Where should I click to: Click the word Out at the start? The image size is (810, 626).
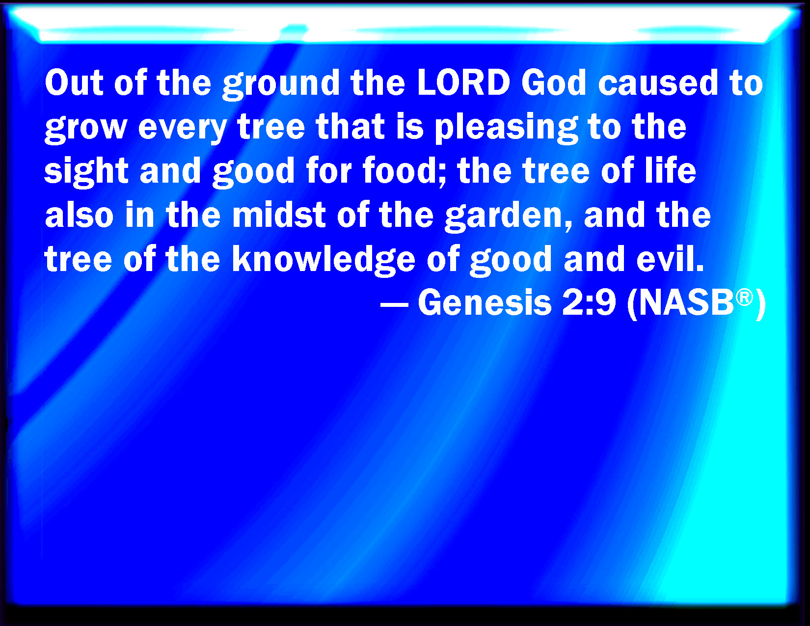(74, 82)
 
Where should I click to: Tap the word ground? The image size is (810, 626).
(281, 84)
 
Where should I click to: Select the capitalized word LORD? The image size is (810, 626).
(463, 82)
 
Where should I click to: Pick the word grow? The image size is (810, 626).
(86, 129)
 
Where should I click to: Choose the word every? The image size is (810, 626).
(183, 129)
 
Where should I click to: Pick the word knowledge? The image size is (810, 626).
(324, 260)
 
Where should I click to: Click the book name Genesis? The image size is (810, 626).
(485, 303)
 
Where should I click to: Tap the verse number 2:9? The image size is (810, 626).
(589, 303)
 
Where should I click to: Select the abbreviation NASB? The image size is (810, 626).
(686, 303)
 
